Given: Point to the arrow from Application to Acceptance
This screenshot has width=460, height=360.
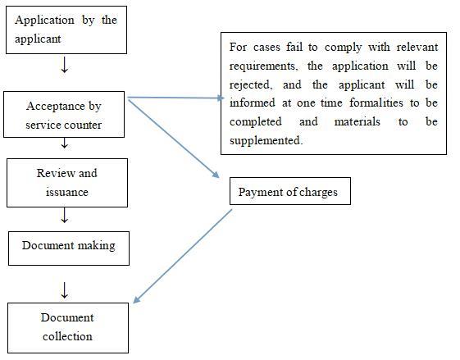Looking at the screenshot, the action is (65, 65).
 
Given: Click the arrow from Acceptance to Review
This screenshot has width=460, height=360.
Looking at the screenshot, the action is (65, 144).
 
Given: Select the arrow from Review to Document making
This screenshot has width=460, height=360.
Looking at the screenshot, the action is (65, 215).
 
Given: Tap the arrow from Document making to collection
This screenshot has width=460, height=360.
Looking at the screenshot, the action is (65, 290).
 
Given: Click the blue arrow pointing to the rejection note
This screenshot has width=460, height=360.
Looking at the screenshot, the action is (176, 98).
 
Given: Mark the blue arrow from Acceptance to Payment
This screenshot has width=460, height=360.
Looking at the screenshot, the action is (174, 139).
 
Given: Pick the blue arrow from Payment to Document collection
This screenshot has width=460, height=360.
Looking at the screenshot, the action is (183, 256).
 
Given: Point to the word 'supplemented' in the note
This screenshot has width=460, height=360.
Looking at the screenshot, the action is (266, 140).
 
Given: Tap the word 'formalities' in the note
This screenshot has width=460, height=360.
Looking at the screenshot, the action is (376, 103).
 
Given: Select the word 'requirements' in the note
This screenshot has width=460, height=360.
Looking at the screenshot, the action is (263, 66).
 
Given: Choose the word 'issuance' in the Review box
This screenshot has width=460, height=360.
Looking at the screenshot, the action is (67, 192).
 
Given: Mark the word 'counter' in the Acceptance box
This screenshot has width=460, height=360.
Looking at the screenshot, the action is (83, 125).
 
